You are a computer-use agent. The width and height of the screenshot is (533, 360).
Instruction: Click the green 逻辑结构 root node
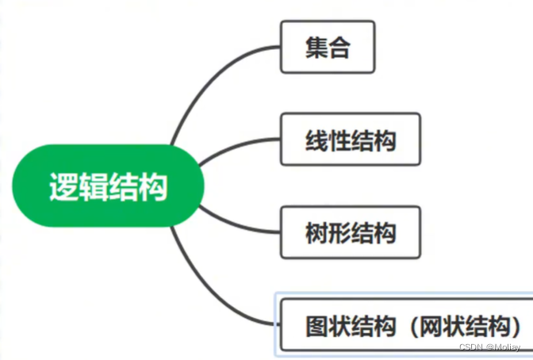click(x=108, y=186)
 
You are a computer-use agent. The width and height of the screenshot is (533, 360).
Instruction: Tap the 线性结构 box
click(x=350, y=141)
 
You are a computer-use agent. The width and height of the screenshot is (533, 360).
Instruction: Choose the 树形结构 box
click(x=350, y=232)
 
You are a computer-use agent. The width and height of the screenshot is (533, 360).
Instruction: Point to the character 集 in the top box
click(x=316, y=48)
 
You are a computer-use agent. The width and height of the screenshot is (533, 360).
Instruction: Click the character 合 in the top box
click(x=339, y=48)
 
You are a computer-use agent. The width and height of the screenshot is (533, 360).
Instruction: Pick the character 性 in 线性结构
click(x=339, y=142)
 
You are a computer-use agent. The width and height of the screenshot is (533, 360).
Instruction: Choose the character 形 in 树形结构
click(x=339, y=233)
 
